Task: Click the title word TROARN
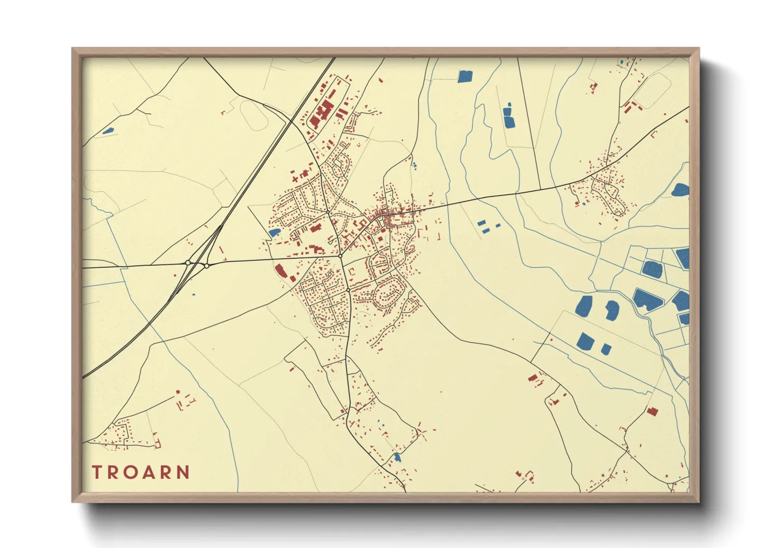[141, 472]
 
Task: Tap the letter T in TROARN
[96, 472]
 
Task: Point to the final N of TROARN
[182, 472]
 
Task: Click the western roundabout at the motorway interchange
[188, 263]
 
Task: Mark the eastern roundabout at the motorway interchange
[206, 266]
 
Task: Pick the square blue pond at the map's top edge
[465, 76]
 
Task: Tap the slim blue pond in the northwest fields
[108, 131]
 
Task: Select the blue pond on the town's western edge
[274, 233]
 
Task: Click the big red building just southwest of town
[281, 271]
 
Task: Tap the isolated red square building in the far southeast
[652, 411]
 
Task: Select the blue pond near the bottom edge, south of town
[397, 457]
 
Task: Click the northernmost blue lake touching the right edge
[680, 190]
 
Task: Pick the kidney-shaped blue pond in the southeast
[612, 310]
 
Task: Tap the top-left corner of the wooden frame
[73, 49]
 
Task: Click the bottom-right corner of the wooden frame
[699, 501]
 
